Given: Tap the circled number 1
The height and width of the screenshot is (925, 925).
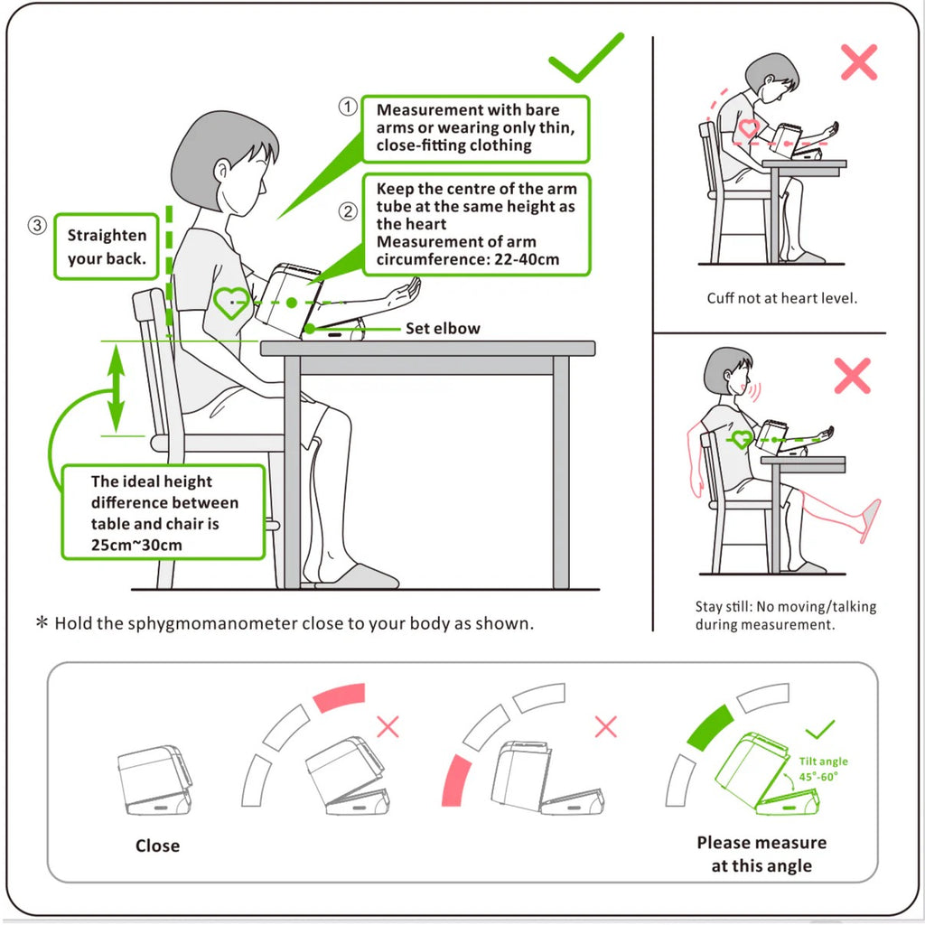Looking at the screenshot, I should click(348, 107).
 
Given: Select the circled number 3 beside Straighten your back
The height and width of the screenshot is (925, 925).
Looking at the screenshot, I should click(37, 226).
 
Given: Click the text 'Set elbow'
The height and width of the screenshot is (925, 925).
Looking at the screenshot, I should click(443, 329).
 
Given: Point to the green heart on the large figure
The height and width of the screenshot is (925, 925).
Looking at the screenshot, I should click(231, 303).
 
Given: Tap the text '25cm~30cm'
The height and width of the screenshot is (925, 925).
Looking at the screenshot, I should click(136, 545).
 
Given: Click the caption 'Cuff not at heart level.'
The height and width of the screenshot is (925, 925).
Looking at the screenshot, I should click(782, 298).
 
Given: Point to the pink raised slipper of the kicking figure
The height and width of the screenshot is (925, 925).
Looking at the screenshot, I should click(870, 519).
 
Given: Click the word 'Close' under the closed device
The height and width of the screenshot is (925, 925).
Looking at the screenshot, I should click(157, 846).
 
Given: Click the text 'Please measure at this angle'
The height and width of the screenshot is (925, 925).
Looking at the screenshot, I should click(761, 854).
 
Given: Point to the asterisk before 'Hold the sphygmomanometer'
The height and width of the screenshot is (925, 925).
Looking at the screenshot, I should click(41, 623).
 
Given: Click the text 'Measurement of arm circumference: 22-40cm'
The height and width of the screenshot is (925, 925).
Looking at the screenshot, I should click(468, 250).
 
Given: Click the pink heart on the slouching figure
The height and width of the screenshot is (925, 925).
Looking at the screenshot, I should click(749, 128).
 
